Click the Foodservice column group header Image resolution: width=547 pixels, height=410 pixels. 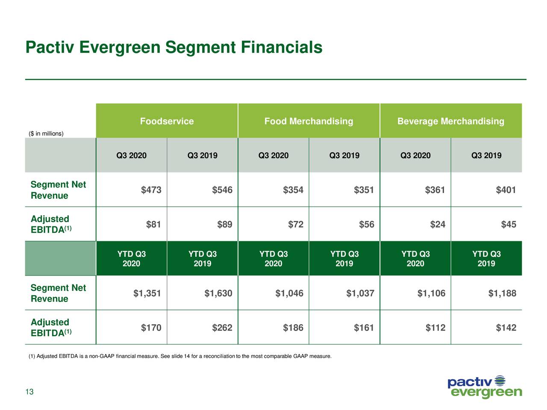[x=167, y=121]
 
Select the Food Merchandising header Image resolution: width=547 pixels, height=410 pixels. [x=309, y=121]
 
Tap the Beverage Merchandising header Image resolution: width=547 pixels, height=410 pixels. [x=450, y=121]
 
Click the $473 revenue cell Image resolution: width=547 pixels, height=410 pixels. [x=151, y=190]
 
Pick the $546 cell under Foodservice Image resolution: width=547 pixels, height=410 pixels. [x=222, y=190]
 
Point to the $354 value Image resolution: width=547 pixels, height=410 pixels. [x=293, y=190]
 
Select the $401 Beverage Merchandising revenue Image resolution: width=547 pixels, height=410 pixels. [x=506, y=190]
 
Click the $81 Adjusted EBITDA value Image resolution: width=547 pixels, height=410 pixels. [x=153, y=225]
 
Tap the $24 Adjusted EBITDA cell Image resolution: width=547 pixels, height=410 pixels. [x=438, y=225]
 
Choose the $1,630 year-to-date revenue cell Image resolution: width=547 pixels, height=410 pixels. [x=218, y=293]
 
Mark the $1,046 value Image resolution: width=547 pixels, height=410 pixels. [x=289, y=293]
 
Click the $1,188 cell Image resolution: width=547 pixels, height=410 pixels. [x=502, y=293]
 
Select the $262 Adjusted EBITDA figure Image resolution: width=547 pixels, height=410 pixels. [x=222, y=328]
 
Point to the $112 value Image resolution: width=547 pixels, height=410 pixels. [x=435, y=328]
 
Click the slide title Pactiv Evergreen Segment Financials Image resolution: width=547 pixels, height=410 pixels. [x=174, y=47]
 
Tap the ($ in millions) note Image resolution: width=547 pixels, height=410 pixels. [x=46, y=134]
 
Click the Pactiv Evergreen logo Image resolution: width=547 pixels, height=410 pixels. [x=485, y=387]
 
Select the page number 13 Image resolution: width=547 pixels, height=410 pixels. [x=29, y=392]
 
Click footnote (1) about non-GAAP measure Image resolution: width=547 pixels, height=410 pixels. [x=179, y=356]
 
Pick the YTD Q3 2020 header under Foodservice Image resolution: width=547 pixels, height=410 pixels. [x=131, y=259]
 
